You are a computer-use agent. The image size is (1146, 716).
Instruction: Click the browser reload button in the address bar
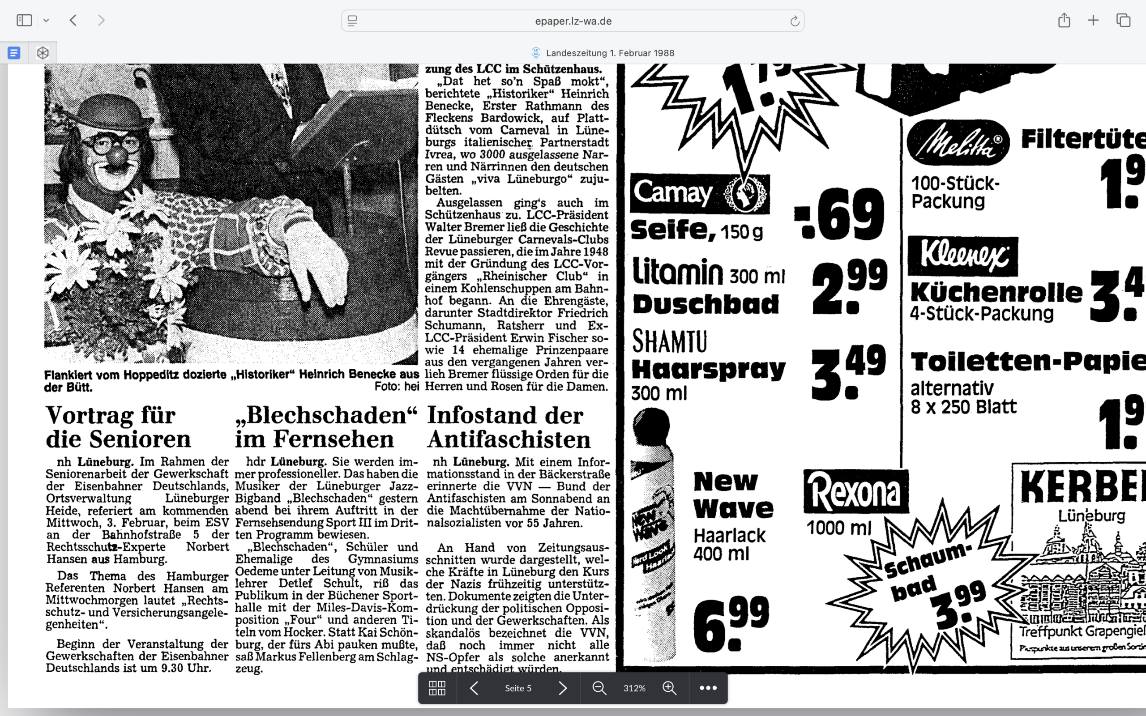tap(794, 21)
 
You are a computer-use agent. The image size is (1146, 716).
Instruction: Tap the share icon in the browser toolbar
tap(1064, 21)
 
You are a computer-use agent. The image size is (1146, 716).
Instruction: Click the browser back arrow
tap(73, 21)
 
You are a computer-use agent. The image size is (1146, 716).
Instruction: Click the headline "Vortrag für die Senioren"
tap(118, 426)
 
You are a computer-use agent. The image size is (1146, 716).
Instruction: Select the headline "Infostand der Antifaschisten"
tap(508, 426)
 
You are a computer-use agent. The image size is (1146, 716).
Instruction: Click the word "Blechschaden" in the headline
tap(327, 415)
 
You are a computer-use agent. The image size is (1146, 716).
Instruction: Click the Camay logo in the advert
tap(699, 194)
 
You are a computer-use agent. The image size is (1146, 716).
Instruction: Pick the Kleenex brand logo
tap(962, 256)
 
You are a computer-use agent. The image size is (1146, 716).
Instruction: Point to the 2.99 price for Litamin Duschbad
tap(849, 286)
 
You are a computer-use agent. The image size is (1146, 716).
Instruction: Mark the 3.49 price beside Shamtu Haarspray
tap(848, 372)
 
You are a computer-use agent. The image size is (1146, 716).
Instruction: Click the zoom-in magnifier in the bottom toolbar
tap(669, 688)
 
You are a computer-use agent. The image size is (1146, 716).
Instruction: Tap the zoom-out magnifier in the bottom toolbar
tap(599, 688)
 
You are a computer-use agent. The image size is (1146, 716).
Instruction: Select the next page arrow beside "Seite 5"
tap(563, 688)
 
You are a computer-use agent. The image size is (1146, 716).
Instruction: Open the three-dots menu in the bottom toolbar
tap(708, 688)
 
